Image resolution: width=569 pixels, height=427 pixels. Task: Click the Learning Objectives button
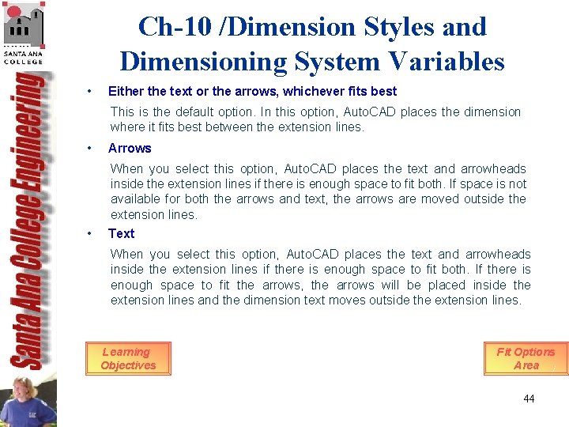[x=128, y=358]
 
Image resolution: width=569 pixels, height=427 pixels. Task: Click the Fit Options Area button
[x=526, y=358]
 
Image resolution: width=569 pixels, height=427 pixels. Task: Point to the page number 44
[x=529, y=399]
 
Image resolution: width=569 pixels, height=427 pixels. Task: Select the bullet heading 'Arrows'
[x=130, y=148]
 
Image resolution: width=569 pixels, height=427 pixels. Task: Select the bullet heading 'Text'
[x=121, y=233]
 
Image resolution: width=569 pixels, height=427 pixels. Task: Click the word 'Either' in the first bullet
[x=125, y=91]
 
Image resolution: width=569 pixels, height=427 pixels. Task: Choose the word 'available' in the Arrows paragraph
[x=135, y=199]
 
